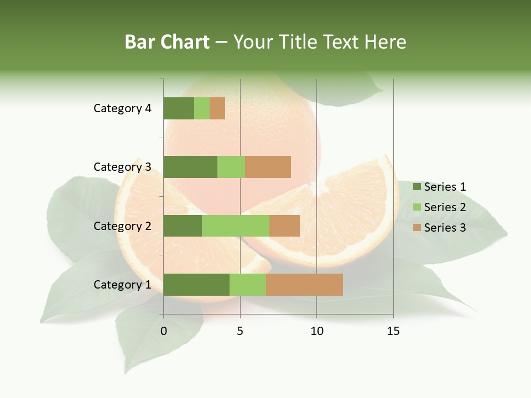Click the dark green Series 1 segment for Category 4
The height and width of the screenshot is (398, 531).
pyautogui.click(x=179, y=108)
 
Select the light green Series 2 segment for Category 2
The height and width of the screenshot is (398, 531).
pyautogui.click(x=236, y=226)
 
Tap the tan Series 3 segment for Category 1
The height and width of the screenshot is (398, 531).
pyautogui.click(x=304, y=285)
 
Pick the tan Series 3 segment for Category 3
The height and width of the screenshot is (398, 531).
pyautogui.click(x=268, y=167)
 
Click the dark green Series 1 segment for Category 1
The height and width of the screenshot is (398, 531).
pyautogui.click(x=196, y=285)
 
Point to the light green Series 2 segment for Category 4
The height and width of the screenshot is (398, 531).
pyautogui.click(x=202, y=108)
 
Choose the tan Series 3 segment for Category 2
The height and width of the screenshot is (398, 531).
pyautogui.click(x=284, y=226)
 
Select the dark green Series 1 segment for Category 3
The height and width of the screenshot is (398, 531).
pyautogui.click(x=190, y=167)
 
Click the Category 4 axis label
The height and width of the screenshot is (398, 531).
pyautogui.click(x=122, y=108)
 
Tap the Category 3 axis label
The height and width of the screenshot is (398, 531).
pyautogui.click(x=122, y=167)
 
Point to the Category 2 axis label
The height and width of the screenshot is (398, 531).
pyautogui.click(x=122, y=226)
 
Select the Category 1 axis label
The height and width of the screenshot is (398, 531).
pyautogui.click(x=122, y=285)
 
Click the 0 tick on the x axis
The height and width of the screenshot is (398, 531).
pyautogui.click(x=164, y=331)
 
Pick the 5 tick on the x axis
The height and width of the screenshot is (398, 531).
pyautogui.click(x=240, y=331)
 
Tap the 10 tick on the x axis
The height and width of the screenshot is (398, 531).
pyautogui.click(x=316, y=331)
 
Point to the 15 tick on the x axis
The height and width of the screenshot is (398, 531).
pyautogui.click(x=393, y=331)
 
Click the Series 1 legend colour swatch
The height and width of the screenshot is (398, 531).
pyautogui.click(x=417, y=187)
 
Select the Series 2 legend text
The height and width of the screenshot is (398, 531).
pyautogui.click(x=445, y=207)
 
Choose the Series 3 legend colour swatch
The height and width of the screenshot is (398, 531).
pyautogui.click(x=417, y=228)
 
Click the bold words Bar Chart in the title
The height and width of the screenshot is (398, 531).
pyautogui.click(x=167, y=42)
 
